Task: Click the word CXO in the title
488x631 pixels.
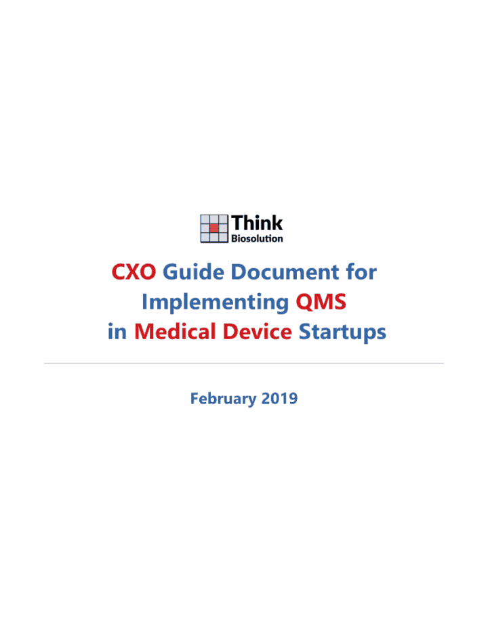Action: coord(134,272)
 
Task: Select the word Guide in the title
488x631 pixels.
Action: coord(193,271)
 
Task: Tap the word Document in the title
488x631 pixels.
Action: coord(285,271)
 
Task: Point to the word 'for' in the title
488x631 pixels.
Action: coord(361,271)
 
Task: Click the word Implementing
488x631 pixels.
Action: coord(215,303)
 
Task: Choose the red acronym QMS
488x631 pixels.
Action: coord(321,302)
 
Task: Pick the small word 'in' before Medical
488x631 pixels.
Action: coord(117,332)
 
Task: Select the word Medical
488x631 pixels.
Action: coord(175,331)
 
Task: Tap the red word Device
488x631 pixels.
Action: coord(257,331)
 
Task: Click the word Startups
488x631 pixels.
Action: coord(342,332)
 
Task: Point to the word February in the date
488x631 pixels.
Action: coord(223,399)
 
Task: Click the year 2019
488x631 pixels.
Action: coord(279,398)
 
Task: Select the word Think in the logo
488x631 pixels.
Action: coord(257,223)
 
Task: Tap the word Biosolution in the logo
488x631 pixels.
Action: coord(257,238)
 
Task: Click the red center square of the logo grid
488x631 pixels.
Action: coord(214,228)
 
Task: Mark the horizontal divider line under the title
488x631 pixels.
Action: coord(244,363)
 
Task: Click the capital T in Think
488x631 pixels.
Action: coord(238,223)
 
